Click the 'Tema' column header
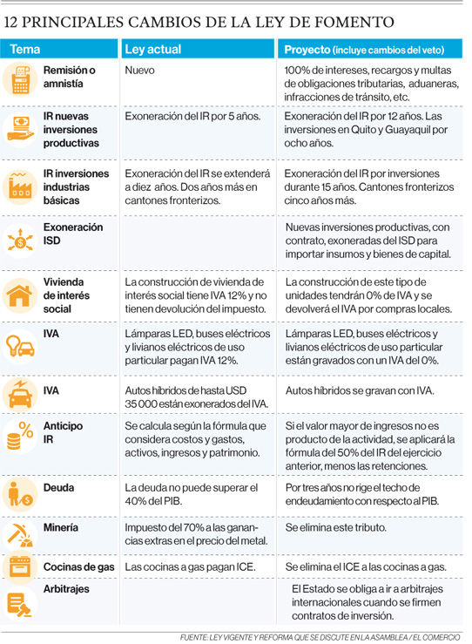(x=25, y=50)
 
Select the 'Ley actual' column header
(x=152, y=50)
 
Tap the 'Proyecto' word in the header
(x=307, y=50)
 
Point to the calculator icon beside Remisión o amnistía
(x=20, y=78)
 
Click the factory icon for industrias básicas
(x=19, y=186)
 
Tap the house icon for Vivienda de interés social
(x=19, y=295)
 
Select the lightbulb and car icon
(x=20, y=346)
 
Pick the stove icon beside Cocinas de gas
(x=20, y=566)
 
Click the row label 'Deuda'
(x=58, y=487)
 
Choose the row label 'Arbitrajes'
(x=66, y=589)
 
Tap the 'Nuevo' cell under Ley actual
(x=139, y=71)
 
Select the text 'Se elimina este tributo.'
(x=336, y=527)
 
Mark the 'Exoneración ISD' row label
(x=73, y=234)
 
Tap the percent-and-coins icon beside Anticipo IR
(x=20, y=437)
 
